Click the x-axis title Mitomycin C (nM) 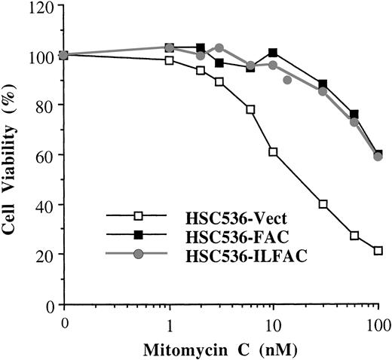[x=220, y=349]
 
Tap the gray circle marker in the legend [x=139, y=256]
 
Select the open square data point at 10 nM [x=273, y=152]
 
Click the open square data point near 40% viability [x=323, y=204]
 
